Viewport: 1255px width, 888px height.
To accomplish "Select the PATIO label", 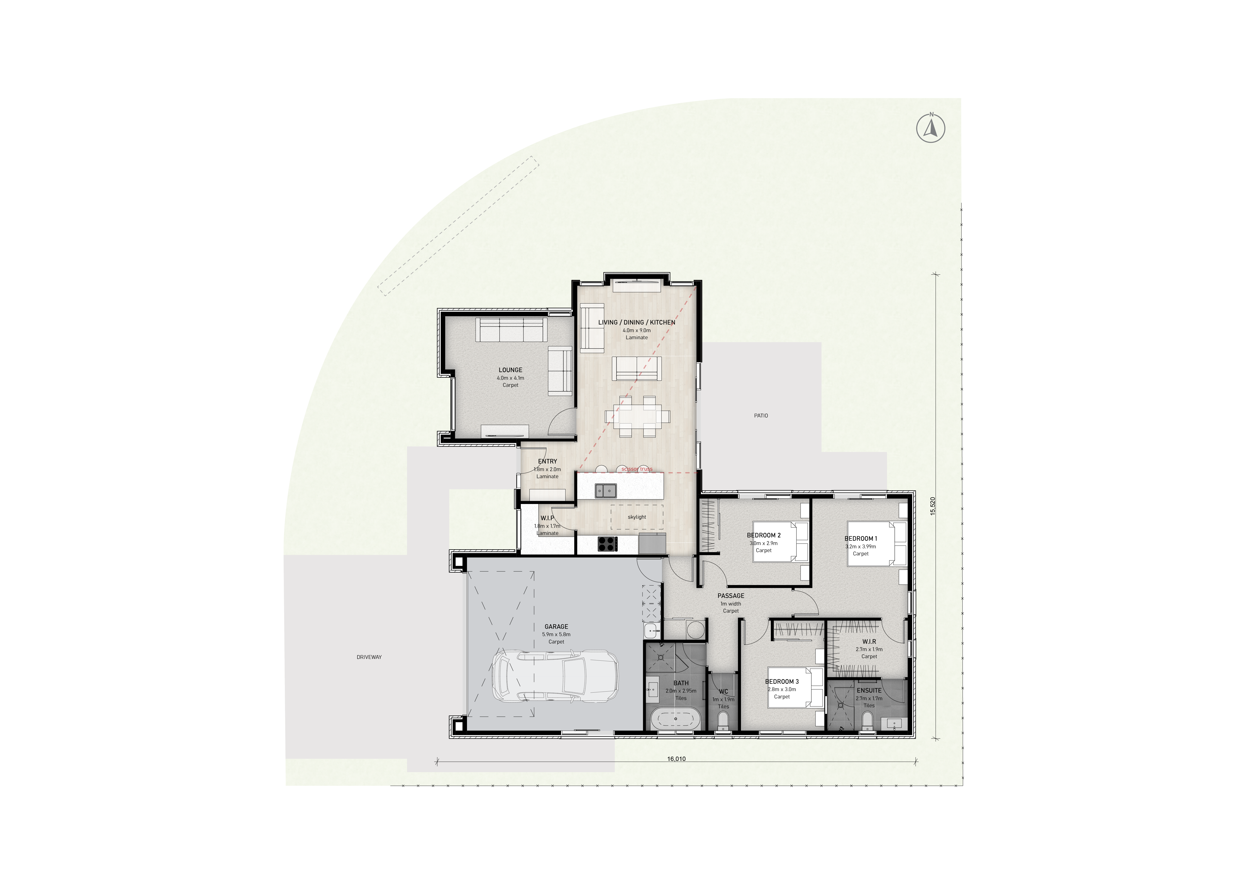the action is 761,416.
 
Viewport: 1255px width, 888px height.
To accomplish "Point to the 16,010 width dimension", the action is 676,759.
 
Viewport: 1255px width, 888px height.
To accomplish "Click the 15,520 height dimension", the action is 932,506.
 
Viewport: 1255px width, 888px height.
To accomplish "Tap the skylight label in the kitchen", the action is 637,517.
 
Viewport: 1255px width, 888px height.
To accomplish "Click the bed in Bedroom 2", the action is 781,541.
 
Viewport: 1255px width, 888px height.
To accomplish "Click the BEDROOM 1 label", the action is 861,539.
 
